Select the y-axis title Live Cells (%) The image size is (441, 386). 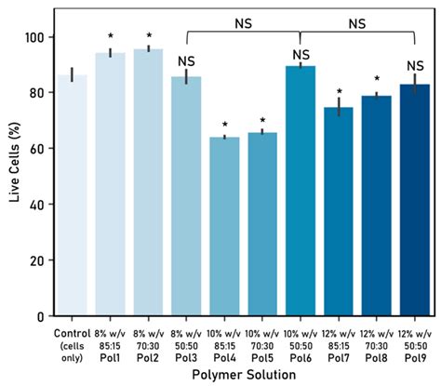[x=14, y=177]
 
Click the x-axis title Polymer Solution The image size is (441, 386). [x=244, y=374]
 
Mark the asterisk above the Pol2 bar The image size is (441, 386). [x=149, y=36]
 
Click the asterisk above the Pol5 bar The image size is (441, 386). [x=263, y=120]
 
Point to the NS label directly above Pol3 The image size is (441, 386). [x=187, y=61]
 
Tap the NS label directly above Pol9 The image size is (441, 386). [x=416, y=66]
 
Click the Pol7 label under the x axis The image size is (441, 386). [x=340, y=354]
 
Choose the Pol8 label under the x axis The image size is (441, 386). [x=378, y=354]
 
